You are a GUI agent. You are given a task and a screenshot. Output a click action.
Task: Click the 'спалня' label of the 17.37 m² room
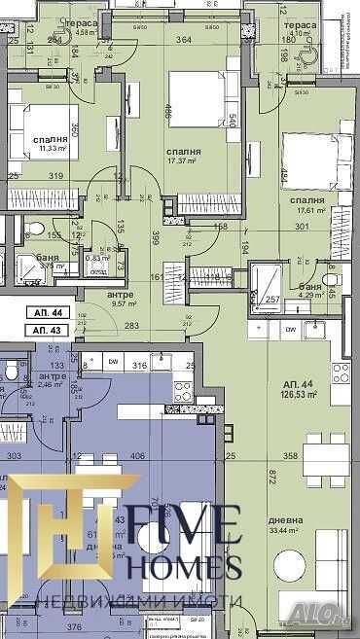pyautogui.click(x=183, y=153)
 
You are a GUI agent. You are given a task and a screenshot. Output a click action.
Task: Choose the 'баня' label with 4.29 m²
pyautogui.click(x=312, y=287)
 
